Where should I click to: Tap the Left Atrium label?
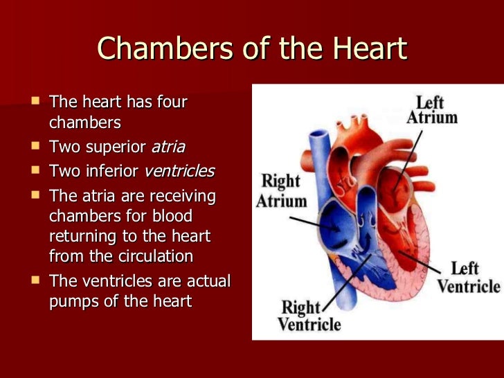[x=431, y=109]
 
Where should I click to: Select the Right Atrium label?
[x=281, y=192]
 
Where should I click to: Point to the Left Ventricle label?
[x=468, y=277]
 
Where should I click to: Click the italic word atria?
[x=168, y=147]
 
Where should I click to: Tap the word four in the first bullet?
[x=172, y=103]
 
